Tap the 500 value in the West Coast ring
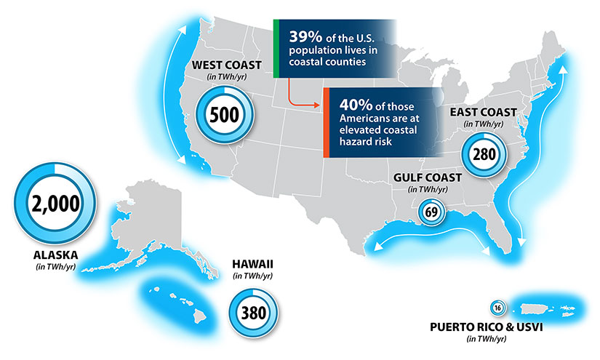click(225, 114)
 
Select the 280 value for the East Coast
click(484, 153)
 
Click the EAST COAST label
click(483, 112)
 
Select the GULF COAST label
click(425, 176)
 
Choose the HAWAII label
click(252, 263)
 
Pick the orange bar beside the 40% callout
click(327, 121)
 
